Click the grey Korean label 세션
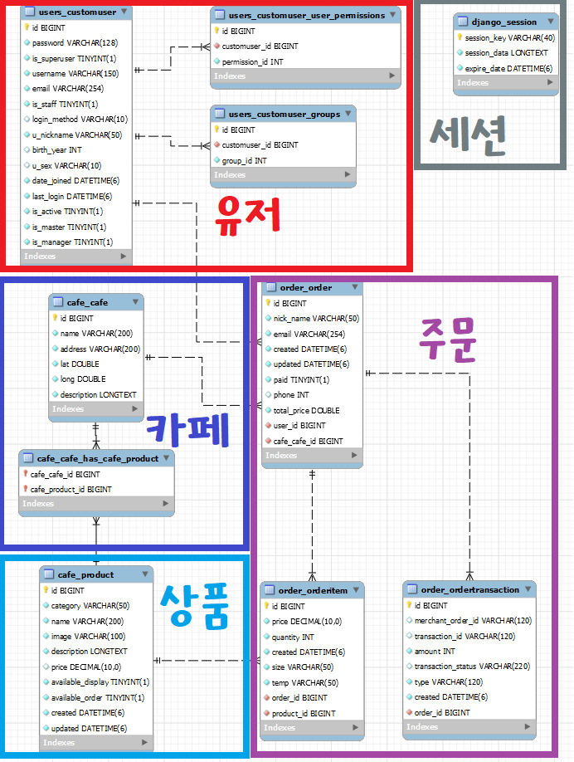click(x=469, y=133)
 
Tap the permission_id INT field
click(x=253, y=61)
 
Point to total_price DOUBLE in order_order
click(x=306, y=410)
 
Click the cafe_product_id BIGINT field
click(x=71, y=489)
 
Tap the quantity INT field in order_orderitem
click(x=293, y=637)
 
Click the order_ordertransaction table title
click(x=469, y=589)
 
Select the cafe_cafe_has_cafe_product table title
click(x=97, y=457)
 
